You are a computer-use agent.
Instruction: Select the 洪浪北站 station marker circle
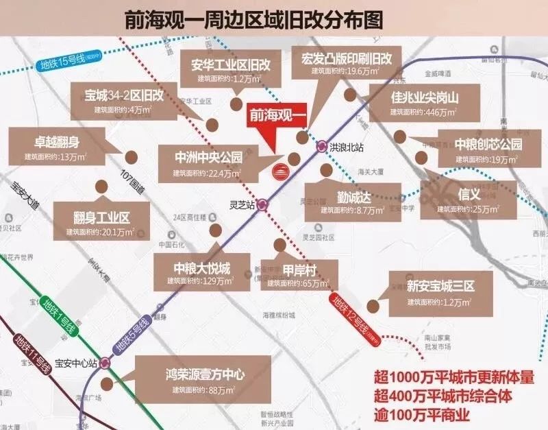tap(322, 146)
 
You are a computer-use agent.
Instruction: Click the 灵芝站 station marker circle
tap(262, 205)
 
